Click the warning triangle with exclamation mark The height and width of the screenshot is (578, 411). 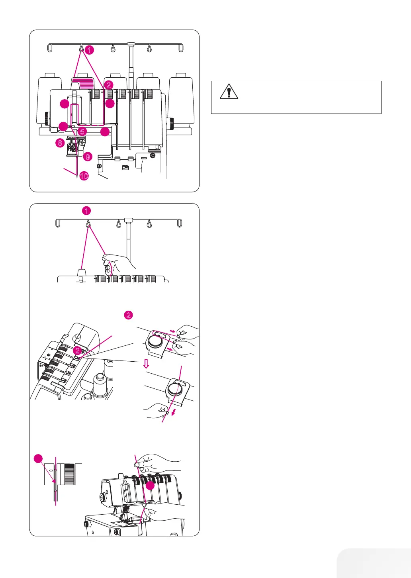[229, 92]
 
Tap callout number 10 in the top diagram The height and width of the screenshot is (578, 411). [84, 176]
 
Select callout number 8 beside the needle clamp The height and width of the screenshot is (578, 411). [60, 142]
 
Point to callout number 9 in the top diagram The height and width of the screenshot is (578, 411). [88, 157]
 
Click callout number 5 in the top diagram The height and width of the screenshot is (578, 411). [82, 131]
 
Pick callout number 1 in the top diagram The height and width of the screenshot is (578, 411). [90, 50]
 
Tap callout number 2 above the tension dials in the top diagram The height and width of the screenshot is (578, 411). [109, 84]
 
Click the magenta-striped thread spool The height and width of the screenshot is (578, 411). [82, 84]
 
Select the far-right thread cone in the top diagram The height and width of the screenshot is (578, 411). [181, 100]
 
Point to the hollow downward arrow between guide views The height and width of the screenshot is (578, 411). [146, 364]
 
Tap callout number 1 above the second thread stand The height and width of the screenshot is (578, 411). [86, 211]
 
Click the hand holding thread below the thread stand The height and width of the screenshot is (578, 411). [119, 263]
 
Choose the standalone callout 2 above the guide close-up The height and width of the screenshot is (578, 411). [129, 315]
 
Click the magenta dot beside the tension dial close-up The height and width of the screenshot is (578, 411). [38, 459]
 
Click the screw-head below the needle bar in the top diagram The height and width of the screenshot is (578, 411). [99, 166]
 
